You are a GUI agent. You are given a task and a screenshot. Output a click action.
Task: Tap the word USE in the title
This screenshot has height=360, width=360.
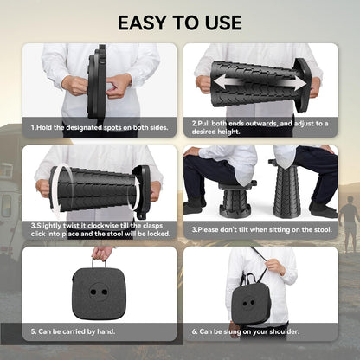[x=224, y=22]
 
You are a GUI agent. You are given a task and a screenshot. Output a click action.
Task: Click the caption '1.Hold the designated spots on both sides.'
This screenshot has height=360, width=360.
[x=100, y=127]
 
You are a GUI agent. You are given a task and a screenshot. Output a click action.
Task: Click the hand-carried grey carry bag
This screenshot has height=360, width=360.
[x=99, y=293]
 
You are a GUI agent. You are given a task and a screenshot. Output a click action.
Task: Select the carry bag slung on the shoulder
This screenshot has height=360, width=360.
[x=251, y=302]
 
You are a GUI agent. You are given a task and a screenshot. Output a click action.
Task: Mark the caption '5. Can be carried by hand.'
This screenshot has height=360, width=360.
[x=73, y=331]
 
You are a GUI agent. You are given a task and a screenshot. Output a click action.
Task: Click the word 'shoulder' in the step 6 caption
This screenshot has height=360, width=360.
[x=284, y=331]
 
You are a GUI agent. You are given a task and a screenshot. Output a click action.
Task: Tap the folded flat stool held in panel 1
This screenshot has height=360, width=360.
[x=97, y=82]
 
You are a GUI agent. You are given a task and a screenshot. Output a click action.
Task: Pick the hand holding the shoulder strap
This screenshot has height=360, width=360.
[x=275, y=267]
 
